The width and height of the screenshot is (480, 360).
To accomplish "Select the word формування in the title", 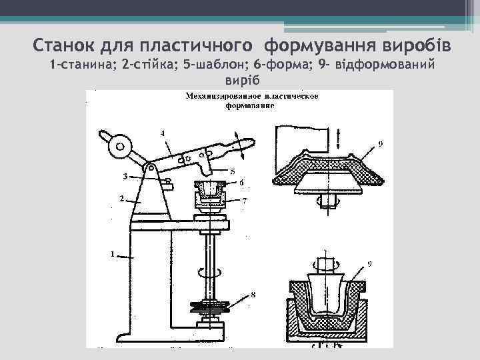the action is (311, 47).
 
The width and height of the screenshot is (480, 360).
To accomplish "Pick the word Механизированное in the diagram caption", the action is (223, 97).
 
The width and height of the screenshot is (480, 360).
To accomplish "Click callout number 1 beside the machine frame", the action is (113, 254).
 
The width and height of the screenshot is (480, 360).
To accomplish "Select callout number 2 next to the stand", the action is (121, 199).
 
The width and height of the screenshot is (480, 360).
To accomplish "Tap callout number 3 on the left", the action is (125, 177).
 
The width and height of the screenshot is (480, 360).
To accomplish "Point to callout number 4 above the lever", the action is (162, 133).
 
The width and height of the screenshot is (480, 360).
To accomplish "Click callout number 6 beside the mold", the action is (241, 182).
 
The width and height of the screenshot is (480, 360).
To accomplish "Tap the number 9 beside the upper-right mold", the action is (380, 143).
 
